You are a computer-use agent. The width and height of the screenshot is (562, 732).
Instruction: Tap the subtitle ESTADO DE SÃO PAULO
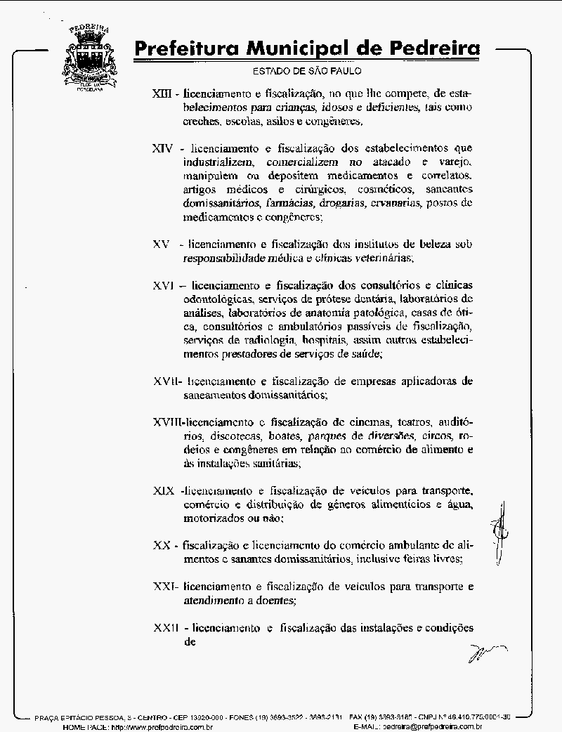click(x=307, y=71)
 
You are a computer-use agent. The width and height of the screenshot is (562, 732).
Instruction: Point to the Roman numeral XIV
click(x=163, y=149)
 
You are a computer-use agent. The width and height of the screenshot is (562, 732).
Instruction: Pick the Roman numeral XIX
click(x=164, y=490)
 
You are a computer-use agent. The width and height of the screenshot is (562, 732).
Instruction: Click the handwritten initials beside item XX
click(x=499, y=532)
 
